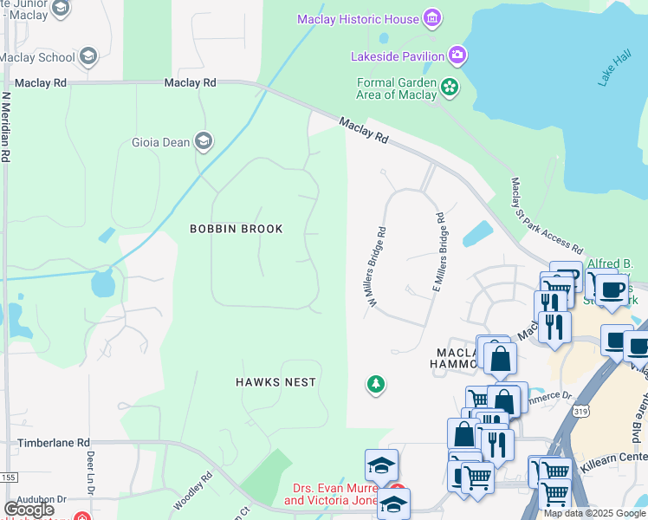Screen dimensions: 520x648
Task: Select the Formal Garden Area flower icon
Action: pos(450,86)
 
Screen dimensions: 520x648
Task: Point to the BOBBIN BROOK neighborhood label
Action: pos(237,229)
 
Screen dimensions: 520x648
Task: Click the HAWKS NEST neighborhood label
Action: pos(276,382)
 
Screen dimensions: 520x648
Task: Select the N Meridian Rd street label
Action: pos(6,128)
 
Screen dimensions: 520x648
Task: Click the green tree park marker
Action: pos(375,383)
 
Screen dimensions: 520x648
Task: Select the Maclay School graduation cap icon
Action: pos(87,57)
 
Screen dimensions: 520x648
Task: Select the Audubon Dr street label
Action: pos(33,499)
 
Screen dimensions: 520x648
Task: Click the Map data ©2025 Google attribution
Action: pos(594,513)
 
